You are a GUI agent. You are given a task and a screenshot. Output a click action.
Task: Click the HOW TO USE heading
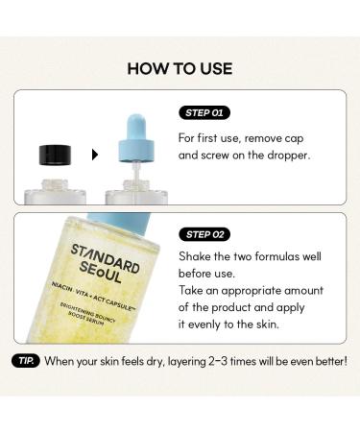point(180,68)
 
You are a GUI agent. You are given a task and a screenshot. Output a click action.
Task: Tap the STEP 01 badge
point(204,112)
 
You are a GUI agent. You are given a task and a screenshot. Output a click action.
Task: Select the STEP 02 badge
point(204,234)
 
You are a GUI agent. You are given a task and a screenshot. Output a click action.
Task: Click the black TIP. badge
point(25,361)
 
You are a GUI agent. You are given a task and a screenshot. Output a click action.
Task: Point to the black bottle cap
point(57,154)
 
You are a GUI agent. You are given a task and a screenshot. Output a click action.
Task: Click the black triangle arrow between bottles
point(94,154)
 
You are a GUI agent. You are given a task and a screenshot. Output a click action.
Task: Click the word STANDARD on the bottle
point(101,255)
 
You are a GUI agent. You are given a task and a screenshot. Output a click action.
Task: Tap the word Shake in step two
point(197,255)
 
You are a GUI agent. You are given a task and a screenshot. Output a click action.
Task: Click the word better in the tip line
point(326,361)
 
